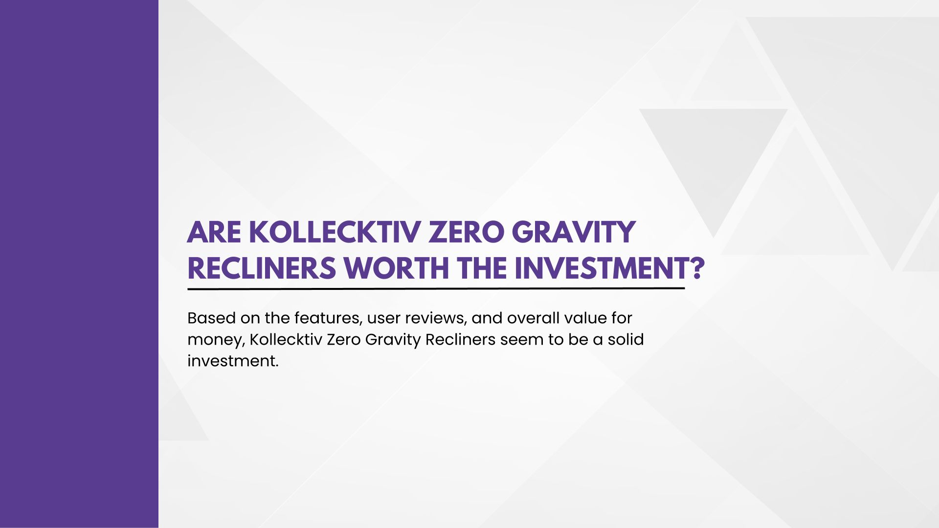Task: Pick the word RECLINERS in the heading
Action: [x=262, y=268]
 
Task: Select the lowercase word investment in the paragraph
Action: [x=233, y=361]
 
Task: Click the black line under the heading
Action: [x=436, y=288]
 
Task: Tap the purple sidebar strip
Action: [x=79, y=264]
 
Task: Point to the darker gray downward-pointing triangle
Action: [x=714, y=156]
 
